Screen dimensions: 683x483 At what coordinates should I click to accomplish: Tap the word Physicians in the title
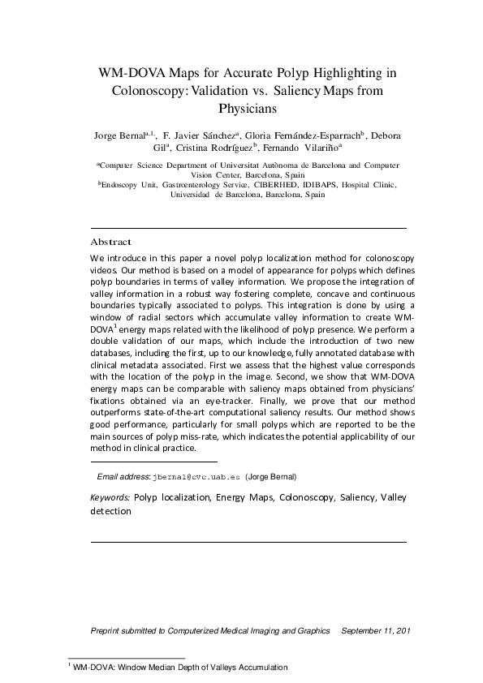coord(248,107)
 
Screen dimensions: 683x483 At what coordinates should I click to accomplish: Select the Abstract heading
coord(110,242)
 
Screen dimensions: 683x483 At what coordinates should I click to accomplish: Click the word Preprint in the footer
coord(108,630)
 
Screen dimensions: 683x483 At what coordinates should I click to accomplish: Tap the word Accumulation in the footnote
coord(258,668)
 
